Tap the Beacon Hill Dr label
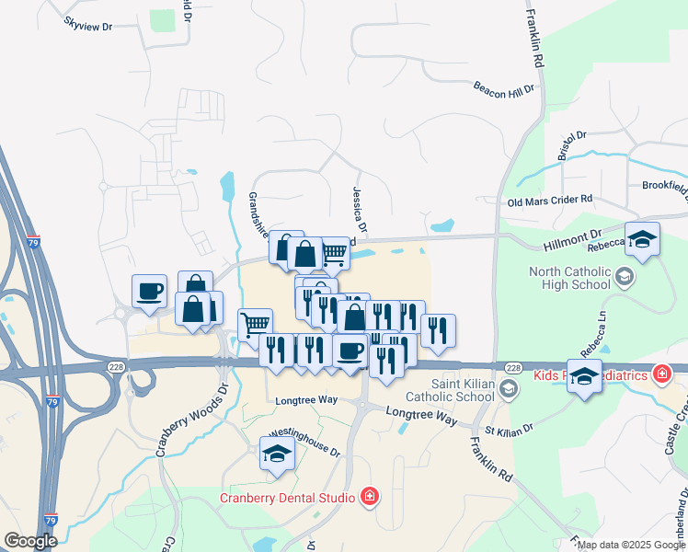pos(503,87)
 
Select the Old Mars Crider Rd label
pos(550,201)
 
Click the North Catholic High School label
pos(569,278)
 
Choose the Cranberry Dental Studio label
pos(287,498)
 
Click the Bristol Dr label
pos(567,145)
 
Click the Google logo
pos(30,541)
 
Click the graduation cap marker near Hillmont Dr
pos(643,240)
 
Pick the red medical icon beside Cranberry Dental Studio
pos(369,498)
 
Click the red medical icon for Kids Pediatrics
pos(660,374)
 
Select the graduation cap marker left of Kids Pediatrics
pos(584,375)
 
